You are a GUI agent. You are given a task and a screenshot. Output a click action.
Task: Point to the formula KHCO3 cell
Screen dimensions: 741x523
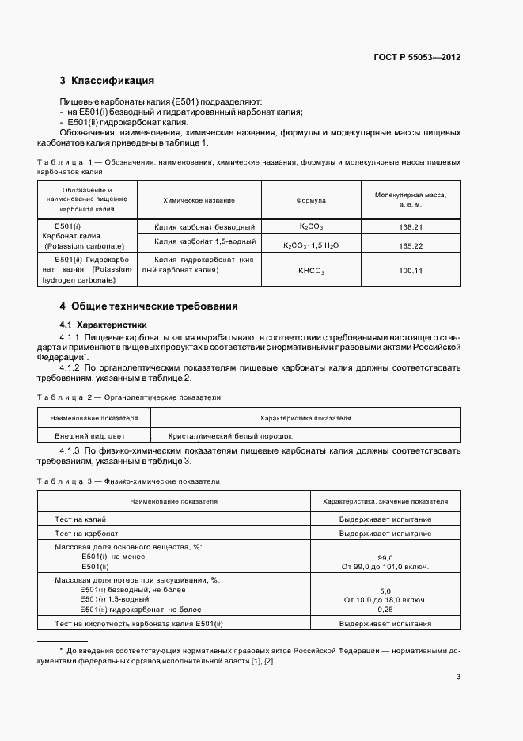point(311,271)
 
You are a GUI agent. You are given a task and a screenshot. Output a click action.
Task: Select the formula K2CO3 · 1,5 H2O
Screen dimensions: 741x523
point(311,245)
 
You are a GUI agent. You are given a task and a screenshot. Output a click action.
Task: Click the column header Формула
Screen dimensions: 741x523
point(311,201)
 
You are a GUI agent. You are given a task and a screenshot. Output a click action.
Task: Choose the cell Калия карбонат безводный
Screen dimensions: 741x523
point(204,227)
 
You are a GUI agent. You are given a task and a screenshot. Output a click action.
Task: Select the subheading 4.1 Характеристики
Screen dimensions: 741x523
point(103,325)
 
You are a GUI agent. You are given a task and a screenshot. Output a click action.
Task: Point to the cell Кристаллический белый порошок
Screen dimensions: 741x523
point(230,435)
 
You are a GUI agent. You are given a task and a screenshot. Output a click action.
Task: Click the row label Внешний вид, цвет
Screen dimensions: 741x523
point(89,435)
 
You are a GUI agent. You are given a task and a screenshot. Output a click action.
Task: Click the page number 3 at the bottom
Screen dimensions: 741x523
point(458,676)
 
